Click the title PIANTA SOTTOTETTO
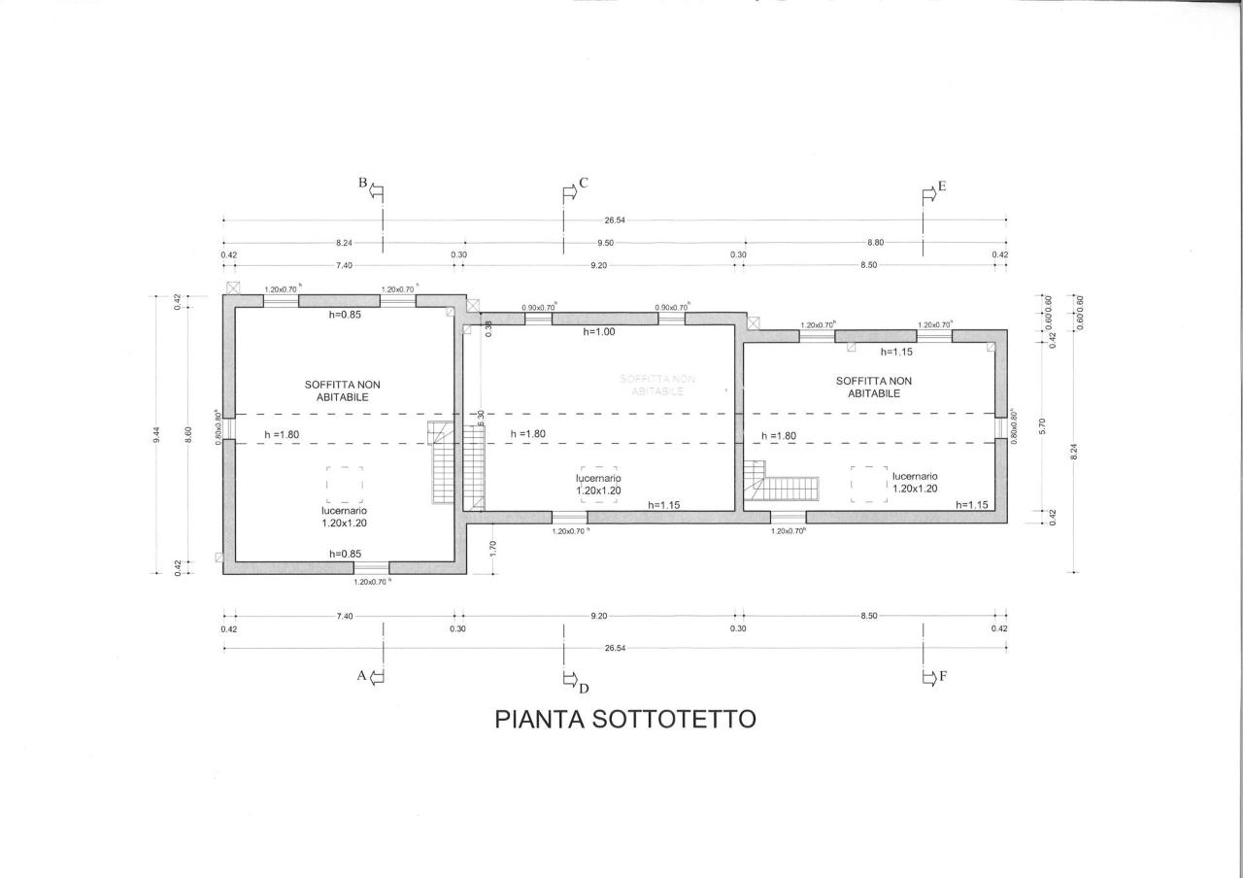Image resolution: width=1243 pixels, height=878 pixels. pyautogui.click(x=625, y=720)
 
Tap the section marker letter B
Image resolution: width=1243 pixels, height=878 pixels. pyautogui.click(x=363, y=183)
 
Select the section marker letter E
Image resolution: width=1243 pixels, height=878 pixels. pyautogui.click(x=941, y=186)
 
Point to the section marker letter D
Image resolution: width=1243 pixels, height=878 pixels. pyautogui.click(x=584, y=689)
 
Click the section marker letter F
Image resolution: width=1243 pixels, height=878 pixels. pyautogui.click(x=942, y=676)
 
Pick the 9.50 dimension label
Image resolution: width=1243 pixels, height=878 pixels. pyautogui.click(x=604, y=243)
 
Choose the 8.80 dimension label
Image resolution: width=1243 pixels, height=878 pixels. pyautogui.click(x=875, y=243)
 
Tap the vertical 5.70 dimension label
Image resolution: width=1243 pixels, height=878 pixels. pyautogui.click(x=1041, y=424)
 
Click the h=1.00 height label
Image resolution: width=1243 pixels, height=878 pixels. pyautogui.click(x=599, y=332)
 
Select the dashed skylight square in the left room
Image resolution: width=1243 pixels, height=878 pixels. pyautogui.click(x=345, y=484)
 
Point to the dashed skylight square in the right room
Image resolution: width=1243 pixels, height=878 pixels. pyautogui.click(x=869, y=484)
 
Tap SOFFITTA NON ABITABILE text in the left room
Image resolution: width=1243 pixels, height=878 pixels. pyautogui.click(x=343, y=390)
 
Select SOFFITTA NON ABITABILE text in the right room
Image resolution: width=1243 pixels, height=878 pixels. pyautogui.click(x=874, y=387)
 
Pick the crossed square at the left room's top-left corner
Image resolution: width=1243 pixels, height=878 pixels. pyautogui.click(x=232, y=288)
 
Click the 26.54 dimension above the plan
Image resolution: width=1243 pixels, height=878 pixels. pyautogui.click(x=614, y=220)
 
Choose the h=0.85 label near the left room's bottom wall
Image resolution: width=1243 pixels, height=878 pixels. pyautogui.click(x=345, y=554)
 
